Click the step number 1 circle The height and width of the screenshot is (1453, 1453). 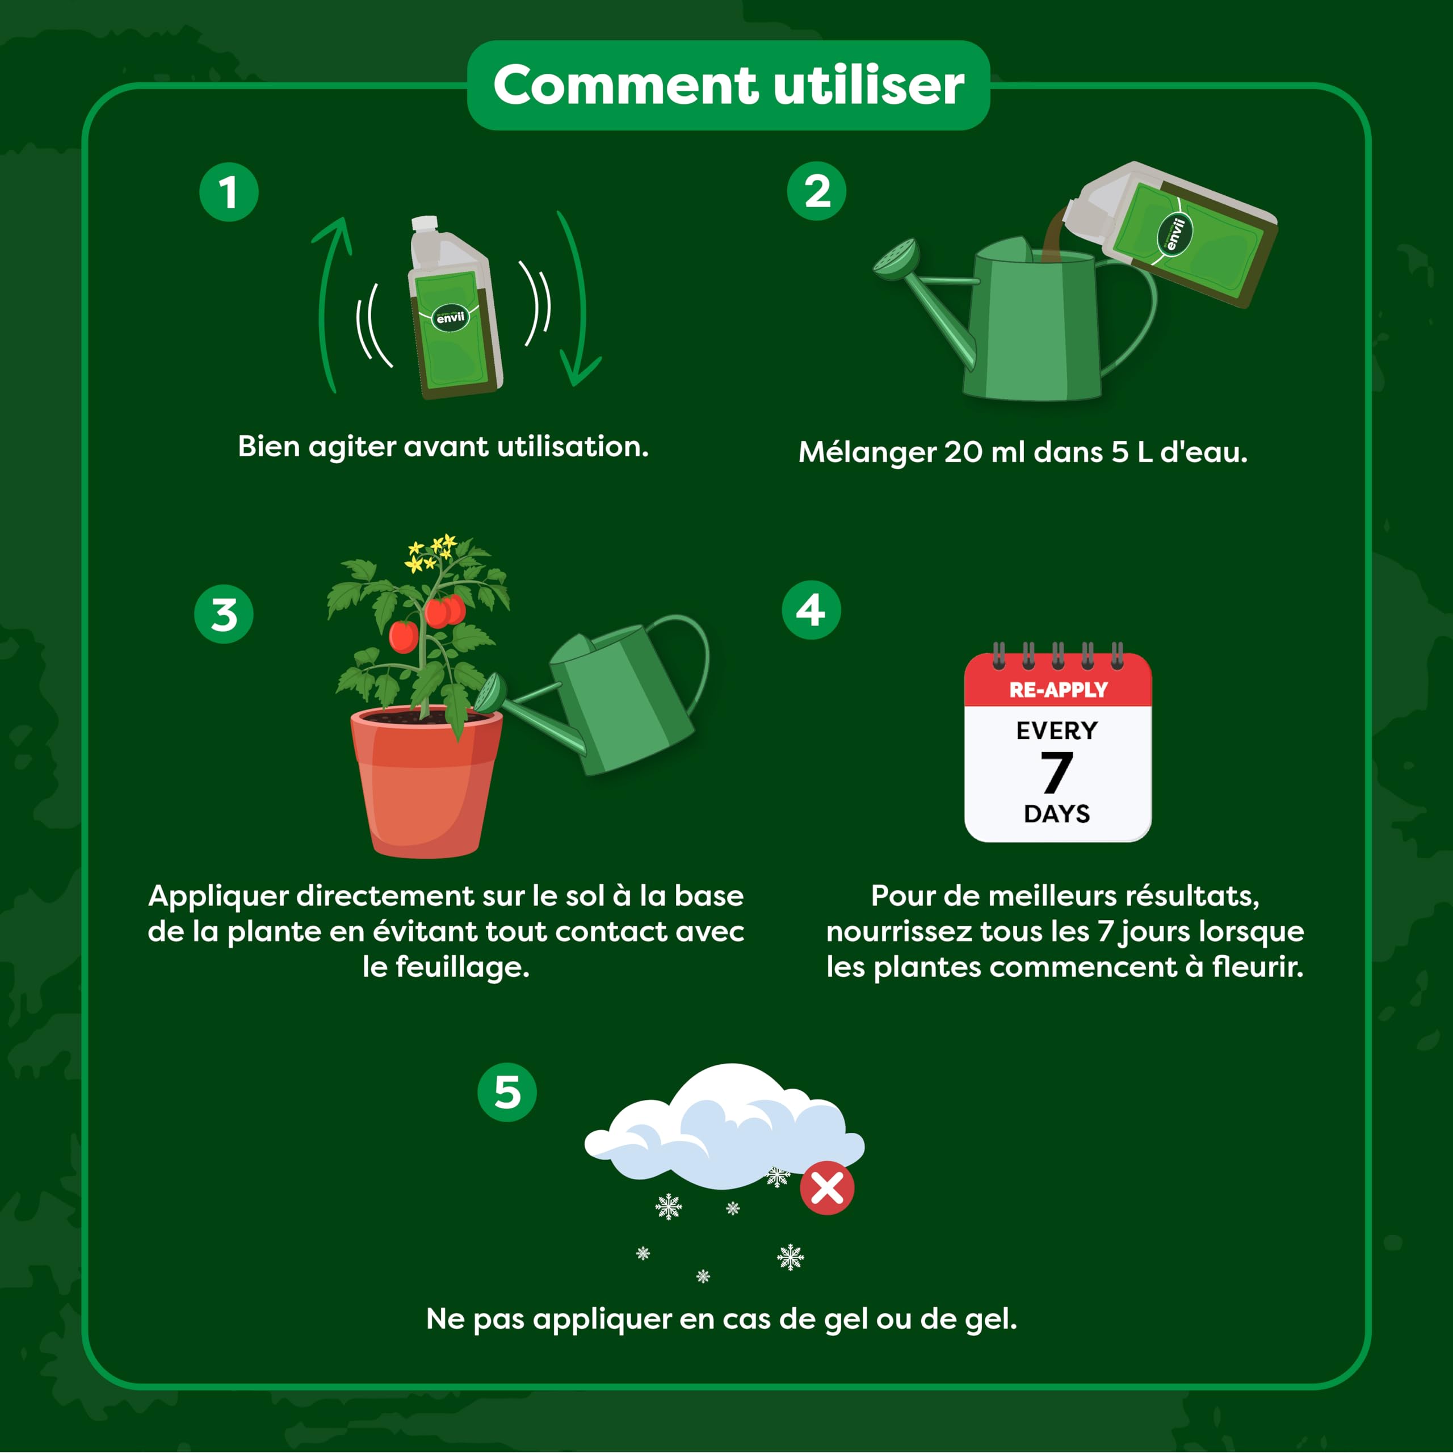(229, 192)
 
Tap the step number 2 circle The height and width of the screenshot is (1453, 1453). (817, 191)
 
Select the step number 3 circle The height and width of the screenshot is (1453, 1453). (224, 615)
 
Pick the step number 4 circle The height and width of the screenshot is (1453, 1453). (812, 610)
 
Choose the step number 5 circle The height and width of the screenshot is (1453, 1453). (507, 1092)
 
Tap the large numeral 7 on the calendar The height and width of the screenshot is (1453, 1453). (1057, 772)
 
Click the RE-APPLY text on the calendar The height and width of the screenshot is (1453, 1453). (1058, 690)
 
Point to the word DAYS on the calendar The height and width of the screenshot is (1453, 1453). (1057, 814)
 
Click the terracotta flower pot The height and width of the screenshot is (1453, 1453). (426, 782)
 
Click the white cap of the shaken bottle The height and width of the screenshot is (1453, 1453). (424, 225)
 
